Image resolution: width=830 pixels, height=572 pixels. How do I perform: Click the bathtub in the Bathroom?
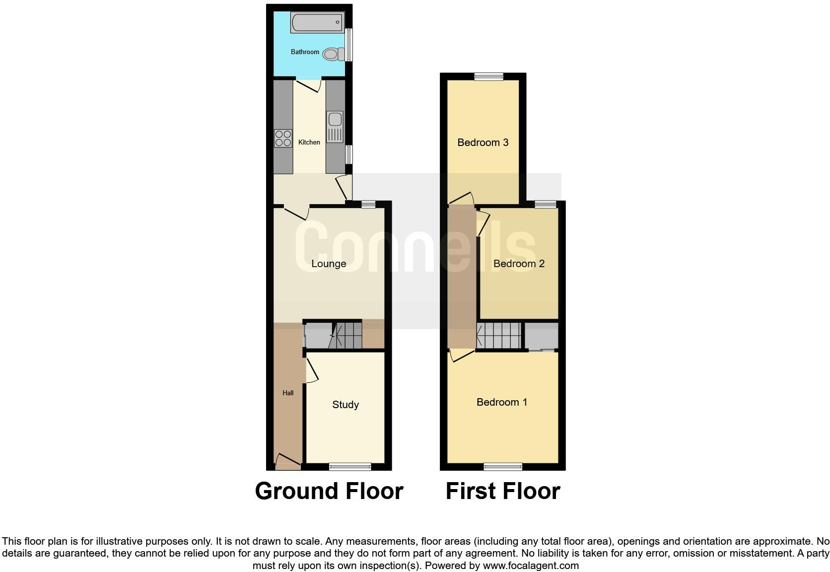pos(317,22)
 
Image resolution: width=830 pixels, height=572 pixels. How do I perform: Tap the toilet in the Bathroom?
pos(333,54)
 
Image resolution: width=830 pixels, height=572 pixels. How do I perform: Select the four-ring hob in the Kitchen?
pos(283,138)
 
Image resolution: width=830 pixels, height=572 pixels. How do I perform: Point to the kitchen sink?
pos(335,120)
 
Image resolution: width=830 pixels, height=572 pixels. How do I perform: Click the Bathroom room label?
pos(305,52)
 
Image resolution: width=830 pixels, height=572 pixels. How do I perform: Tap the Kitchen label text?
pos(309,143)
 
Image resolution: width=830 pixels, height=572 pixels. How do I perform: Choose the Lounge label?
pos(329,264)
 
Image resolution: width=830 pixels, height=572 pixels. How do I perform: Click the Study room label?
pos(346,405)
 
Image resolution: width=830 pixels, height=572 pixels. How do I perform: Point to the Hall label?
pos(288,393)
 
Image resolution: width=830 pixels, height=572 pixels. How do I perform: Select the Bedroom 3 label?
pos(483,143)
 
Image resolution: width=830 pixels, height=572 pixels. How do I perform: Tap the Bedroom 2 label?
pos(519,264)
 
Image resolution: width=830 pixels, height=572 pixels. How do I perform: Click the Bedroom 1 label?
pos(502,402)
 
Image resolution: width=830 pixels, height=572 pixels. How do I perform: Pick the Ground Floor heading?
pos(329,491)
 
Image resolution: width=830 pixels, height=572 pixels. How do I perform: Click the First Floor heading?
pos(503,491)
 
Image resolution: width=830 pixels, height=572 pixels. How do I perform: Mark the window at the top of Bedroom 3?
pos(488,76)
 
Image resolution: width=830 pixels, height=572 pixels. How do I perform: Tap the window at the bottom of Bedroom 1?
pos(503,466)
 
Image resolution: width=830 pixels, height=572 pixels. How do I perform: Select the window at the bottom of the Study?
pos(350,466)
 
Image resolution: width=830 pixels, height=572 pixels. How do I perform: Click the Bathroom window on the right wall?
pos(349,45)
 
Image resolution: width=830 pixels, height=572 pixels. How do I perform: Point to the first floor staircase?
pos(498,336)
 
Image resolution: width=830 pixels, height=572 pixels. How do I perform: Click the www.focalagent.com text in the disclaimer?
pos(531,566)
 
